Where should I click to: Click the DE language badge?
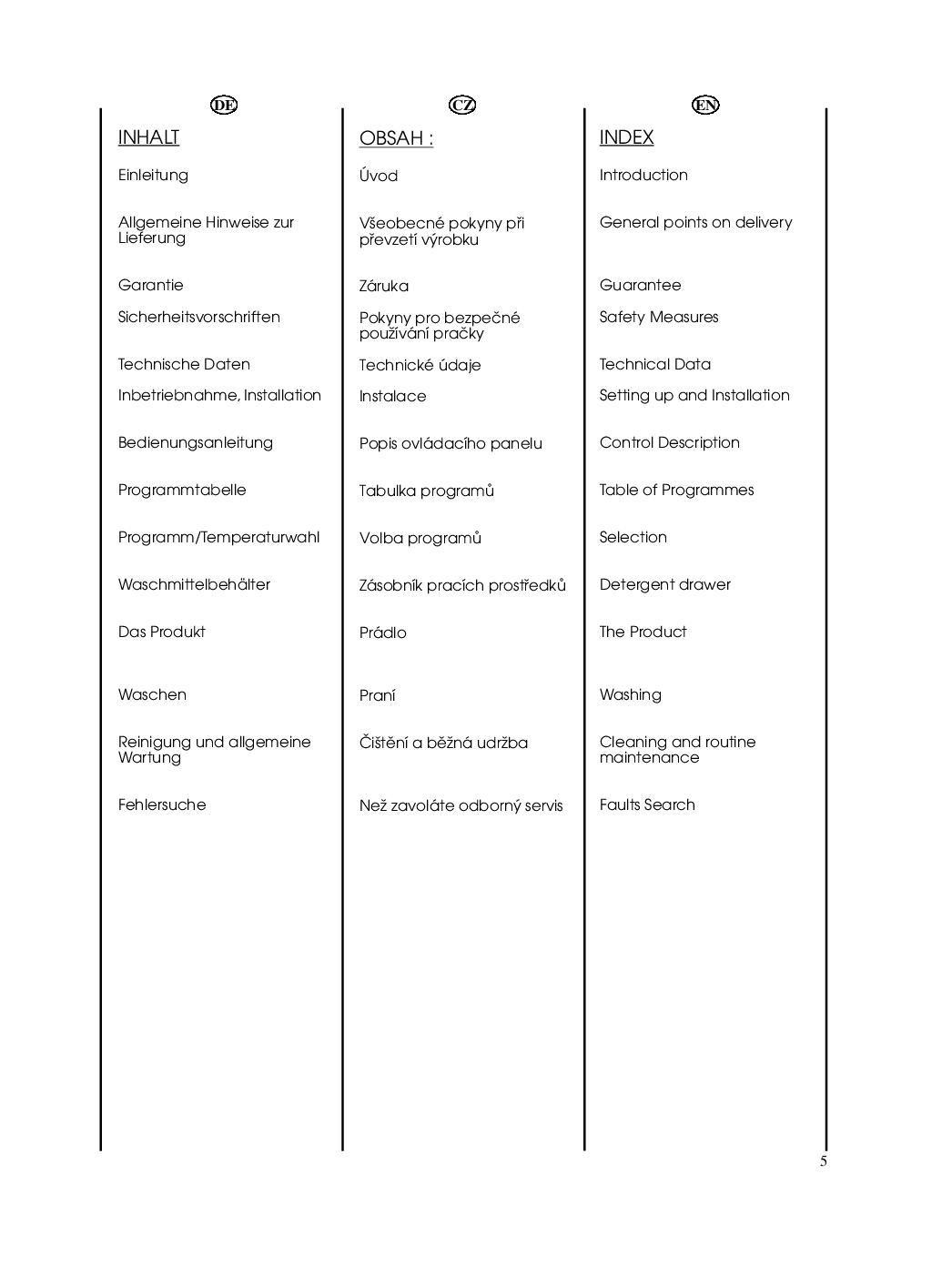(x=223, y=105)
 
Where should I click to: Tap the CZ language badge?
(x=462, y=105)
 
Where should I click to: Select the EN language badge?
(x=705, y=105)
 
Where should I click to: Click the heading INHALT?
(x=148, y=137)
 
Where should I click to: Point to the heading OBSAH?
(x=396, y=138)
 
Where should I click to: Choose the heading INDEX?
(x=626, y=137)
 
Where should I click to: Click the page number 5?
(x=824, y=1161)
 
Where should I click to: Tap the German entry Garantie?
(x=150, y=285)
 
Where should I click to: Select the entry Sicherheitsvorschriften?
(x=198, y=317)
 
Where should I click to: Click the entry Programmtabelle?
(x=182, y=490)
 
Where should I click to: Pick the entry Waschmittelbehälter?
(x=194, y=584)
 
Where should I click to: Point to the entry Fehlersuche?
(x=162, y=805)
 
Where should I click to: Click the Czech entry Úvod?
(x=378, y=176)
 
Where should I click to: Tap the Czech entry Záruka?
(x=383, y=286)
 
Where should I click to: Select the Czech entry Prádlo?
(x=382, y=632)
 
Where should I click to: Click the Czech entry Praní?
(x=377, y=695)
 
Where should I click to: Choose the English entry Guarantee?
(x=640, y=285)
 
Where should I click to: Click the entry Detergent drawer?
(x=664, y=584)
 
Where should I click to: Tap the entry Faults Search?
(x=647, y=805)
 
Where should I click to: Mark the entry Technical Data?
(x=654, y=364)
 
